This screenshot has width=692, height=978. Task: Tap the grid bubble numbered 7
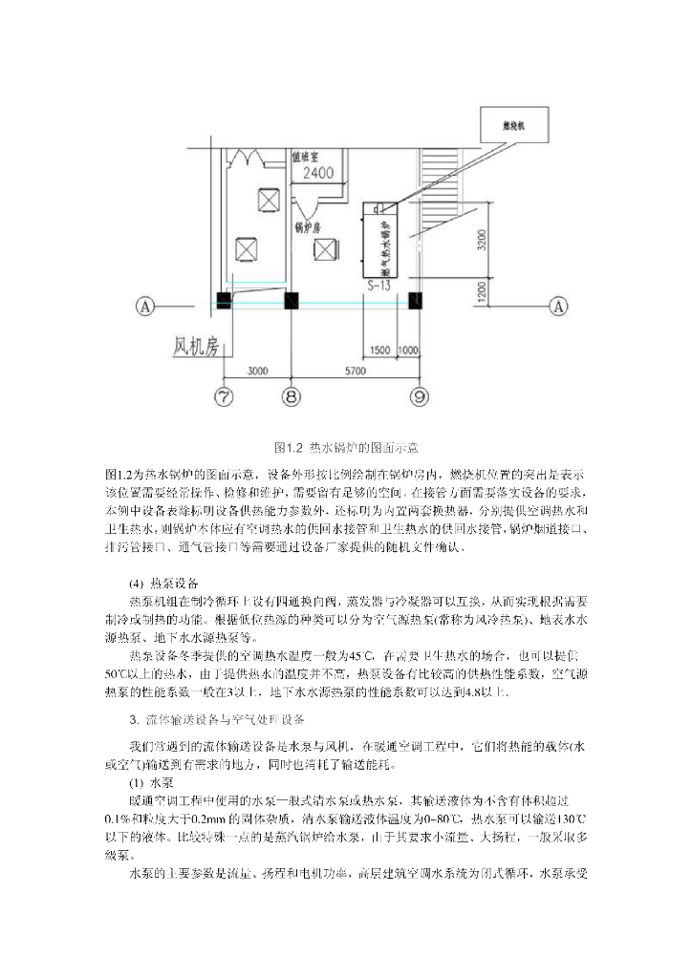point(224,395)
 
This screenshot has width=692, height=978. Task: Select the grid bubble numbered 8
point(292,395)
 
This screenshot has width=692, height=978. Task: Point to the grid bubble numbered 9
point(418,395)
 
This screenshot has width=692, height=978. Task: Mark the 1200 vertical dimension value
point(484,289)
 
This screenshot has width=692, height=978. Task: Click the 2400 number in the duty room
point(317,173)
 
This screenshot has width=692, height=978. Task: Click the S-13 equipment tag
point(379,284)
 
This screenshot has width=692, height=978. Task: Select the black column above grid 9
point(416,300)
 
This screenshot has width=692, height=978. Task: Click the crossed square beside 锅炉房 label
point(328,249)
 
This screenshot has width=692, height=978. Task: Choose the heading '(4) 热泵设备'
point(163,584)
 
